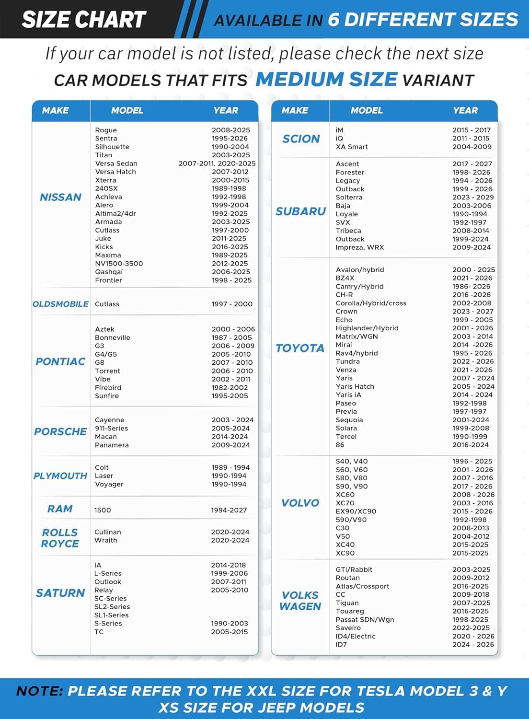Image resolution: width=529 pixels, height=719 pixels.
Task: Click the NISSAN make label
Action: (60, 197)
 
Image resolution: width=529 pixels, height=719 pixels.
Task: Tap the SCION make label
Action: (301, 139)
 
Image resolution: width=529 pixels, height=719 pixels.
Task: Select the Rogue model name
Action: (106, 130)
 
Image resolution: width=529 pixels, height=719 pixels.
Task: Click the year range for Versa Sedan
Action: (217, 163)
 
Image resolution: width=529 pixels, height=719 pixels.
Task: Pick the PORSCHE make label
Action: (60, 431)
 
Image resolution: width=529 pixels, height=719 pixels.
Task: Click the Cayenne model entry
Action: (109, 420)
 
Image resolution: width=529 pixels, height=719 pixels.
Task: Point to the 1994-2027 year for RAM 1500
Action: (229, 510)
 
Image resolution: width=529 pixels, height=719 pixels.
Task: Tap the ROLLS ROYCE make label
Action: (60, 538)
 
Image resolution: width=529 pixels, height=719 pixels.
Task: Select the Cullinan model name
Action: (107, 532)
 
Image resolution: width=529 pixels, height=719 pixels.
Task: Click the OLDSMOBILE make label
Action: (60, 304)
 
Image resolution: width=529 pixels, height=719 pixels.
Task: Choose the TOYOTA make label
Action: (300, 348)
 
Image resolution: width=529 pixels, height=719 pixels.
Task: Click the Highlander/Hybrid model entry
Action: (367, 328)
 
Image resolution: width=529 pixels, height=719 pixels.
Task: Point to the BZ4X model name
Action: (345, 278)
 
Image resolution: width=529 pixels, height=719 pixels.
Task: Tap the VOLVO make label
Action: (300, 503)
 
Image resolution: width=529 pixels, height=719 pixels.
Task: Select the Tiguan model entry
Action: (347, 603)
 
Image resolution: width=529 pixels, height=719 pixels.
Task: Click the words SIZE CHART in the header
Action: (84, 20)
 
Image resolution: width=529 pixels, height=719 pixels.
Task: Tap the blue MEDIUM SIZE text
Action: (326, 79)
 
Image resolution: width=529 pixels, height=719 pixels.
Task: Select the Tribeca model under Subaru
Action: (348, 231)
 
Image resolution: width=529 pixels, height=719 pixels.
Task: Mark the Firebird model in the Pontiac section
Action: (108, 388)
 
